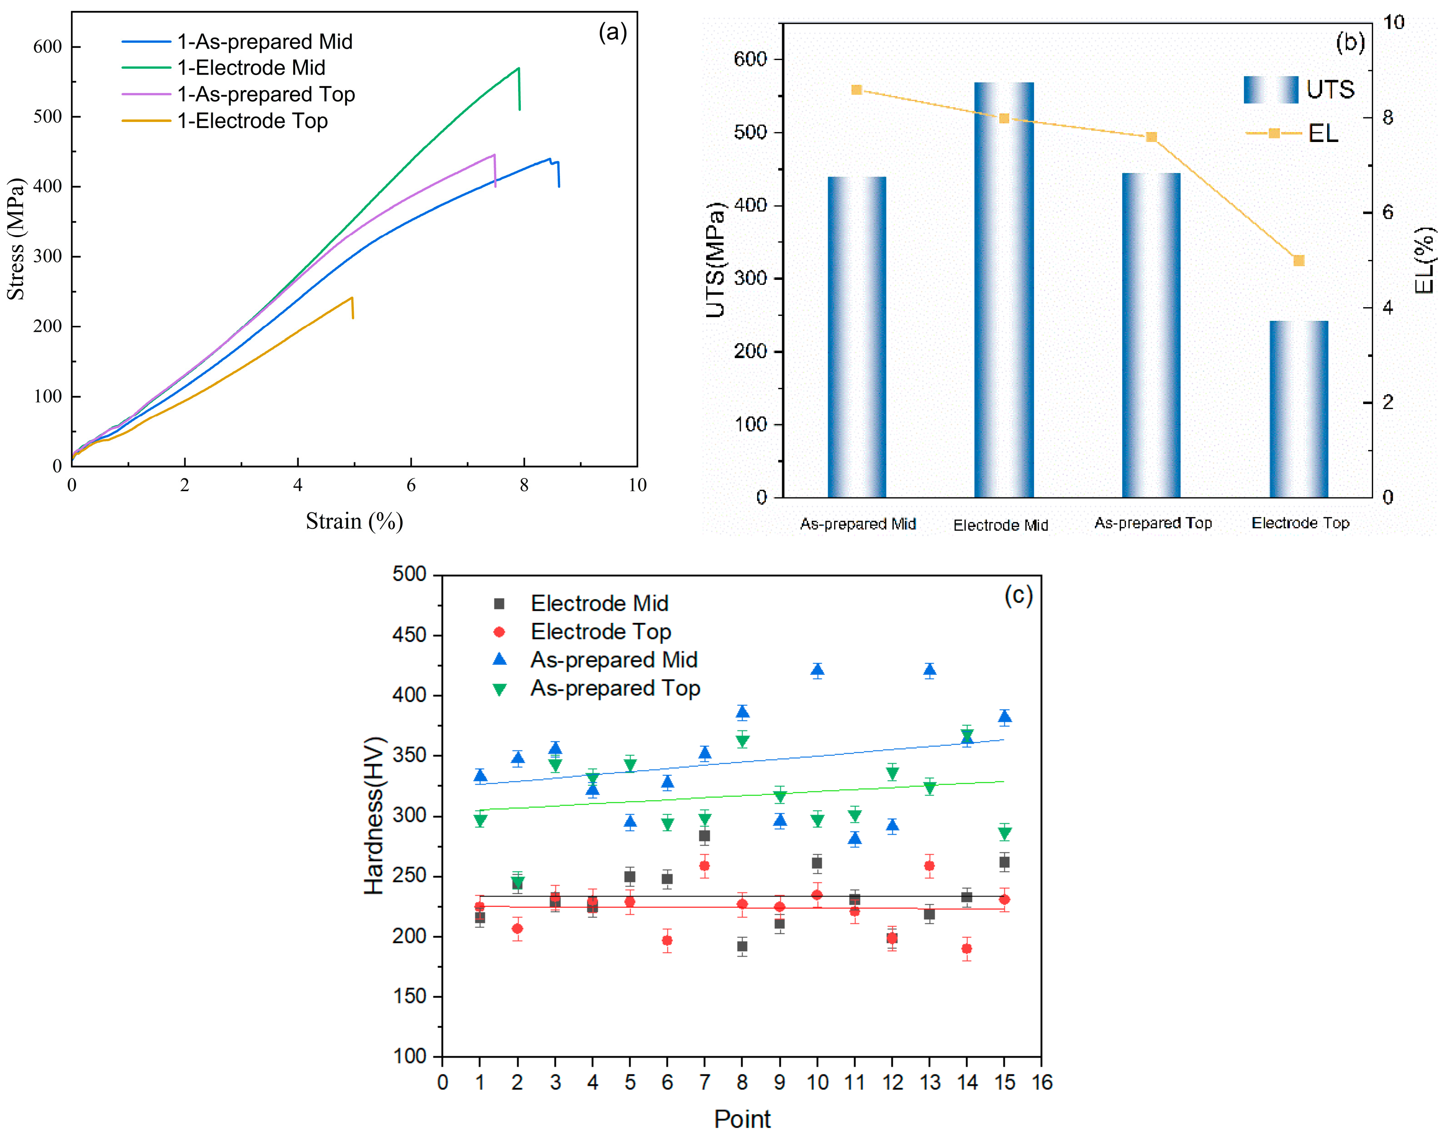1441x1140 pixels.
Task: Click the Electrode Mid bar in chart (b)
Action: tap(1003, 290)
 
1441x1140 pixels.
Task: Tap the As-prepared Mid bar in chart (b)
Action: tap(857, 337)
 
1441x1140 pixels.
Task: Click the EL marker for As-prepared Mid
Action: tap(857, 90)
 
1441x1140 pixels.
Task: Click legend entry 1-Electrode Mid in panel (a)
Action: tap(251, 67)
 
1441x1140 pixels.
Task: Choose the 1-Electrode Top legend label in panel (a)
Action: tap(252, 121)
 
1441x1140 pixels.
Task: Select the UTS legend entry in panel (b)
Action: tap(1299, 90)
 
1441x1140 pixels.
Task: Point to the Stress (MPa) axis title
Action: tap(15, 239)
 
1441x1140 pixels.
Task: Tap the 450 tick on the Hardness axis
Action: tap(409, 635)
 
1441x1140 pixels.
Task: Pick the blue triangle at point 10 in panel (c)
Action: tap(817, 669)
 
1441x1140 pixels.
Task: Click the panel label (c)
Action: tap(1018, 595)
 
